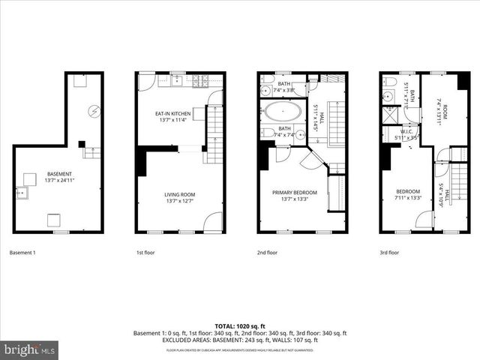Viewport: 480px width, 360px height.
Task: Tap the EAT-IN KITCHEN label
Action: click(x=172, y=113)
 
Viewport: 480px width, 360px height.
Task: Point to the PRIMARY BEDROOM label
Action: click(x=294, y=192)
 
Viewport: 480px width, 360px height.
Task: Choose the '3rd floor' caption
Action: click(x=388, y=253)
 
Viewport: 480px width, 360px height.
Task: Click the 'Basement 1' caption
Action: click(x=22, y=253)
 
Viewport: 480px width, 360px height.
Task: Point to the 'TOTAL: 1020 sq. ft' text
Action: click(x=239, y=326)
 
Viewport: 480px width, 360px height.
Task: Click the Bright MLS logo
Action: click(x=30, y=349)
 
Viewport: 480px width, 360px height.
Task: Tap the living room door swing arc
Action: click(x=214, y=221)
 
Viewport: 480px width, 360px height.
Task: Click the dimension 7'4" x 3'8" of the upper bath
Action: click(x=284, y=90)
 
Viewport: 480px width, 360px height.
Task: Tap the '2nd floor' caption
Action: click(x=267, y=253)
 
